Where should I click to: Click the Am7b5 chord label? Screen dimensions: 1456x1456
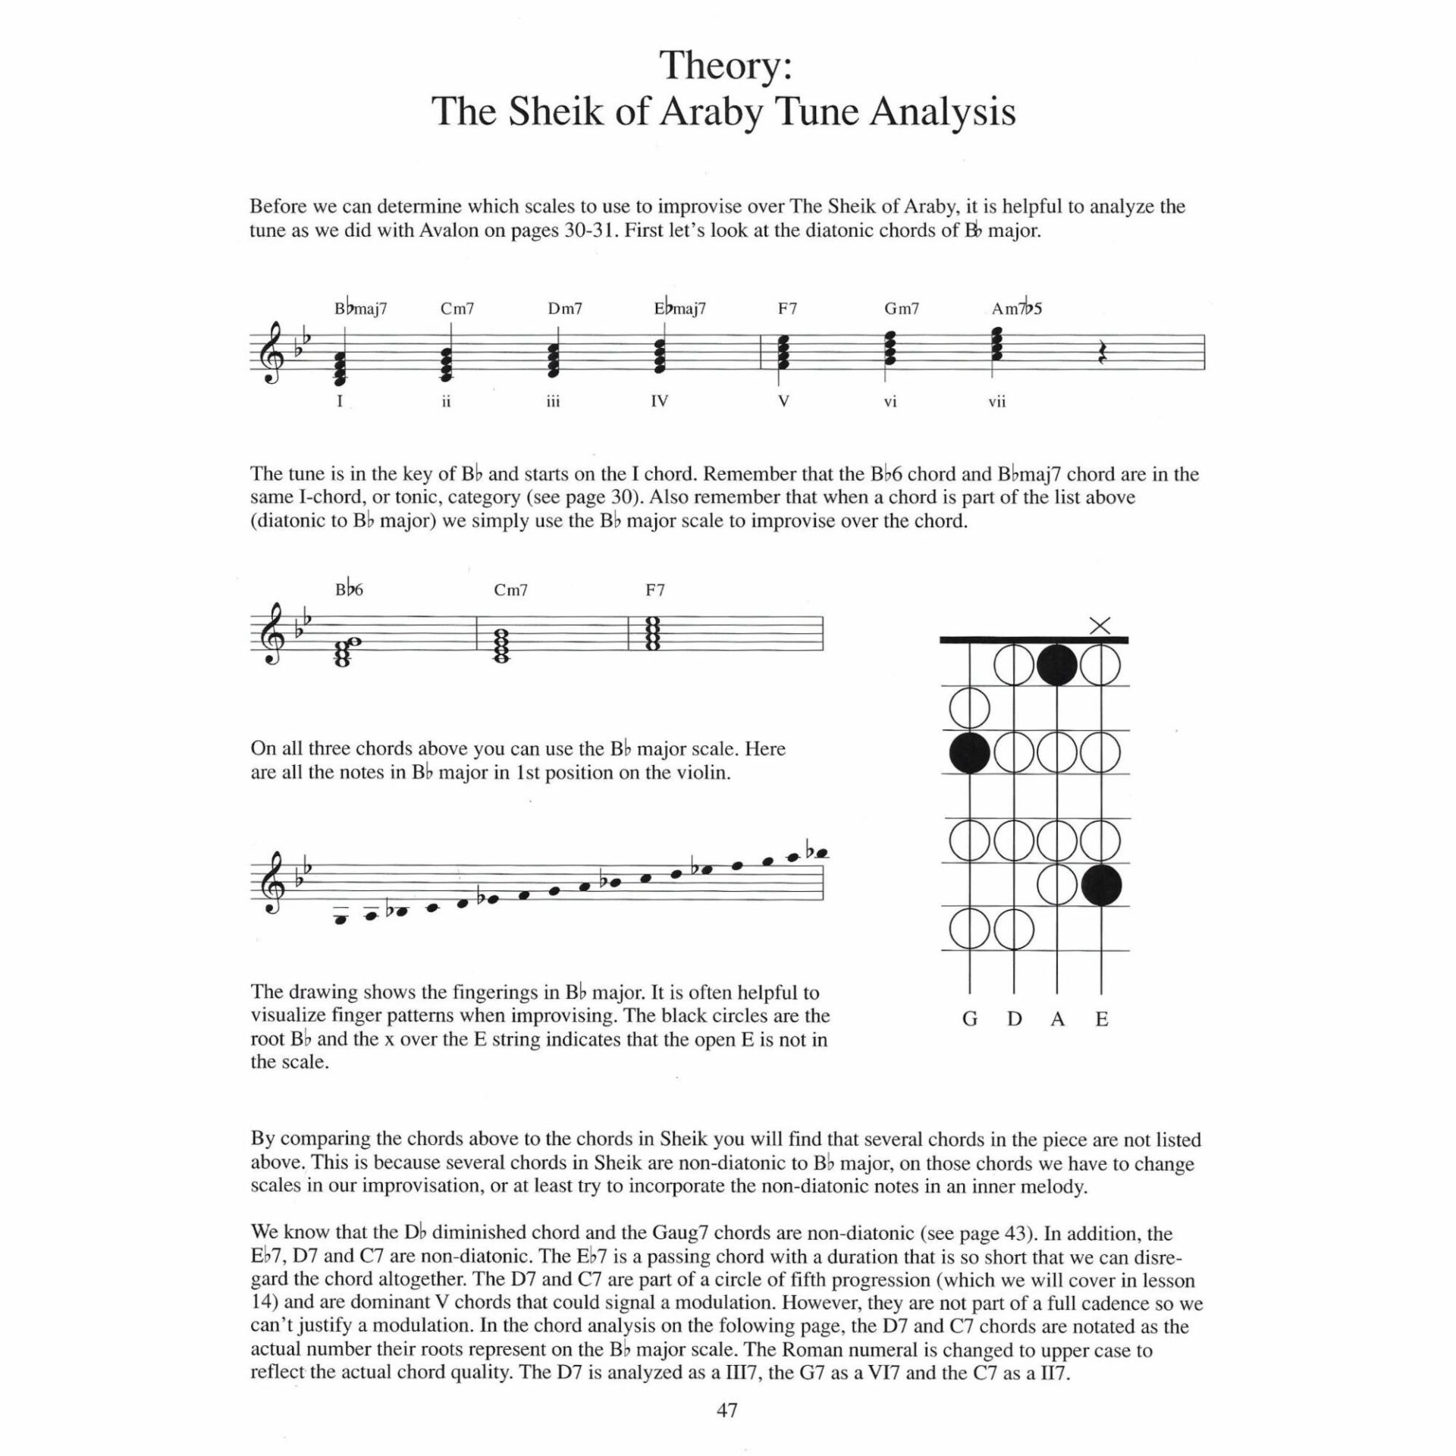[x=1016, y=308]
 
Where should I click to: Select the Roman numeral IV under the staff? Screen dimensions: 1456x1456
[x=659, y=401]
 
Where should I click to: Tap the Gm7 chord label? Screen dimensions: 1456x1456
[x=901, y=309]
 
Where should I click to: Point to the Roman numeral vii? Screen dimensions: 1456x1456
[x=996, y=402]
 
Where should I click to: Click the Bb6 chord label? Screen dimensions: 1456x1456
[x=349, y=589]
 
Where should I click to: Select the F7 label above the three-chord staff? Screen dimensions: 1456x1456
[x=654, y=590]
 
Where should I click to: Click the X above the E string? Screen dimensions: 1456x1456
[x=1100, y=626]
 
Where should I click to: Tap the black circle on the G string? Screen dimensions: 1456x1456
[x=969, y=753]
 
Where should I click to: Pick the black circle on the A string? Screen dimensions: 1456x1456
[x=1057, y=665]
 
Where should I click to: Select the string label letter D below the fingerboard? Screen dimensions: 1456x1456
[x=1014, y=1019]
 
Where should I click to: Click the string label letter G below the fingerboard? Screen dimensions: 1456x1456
[x=969, y=1019]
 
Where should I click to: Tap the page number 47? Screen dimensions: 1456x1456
[x=726, y=1410]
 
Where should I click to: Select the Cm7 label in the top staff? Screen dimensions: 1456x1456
[x=457, y=309]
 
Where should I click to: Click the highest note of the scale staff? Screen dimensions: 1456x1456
[x=817, y=853]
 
